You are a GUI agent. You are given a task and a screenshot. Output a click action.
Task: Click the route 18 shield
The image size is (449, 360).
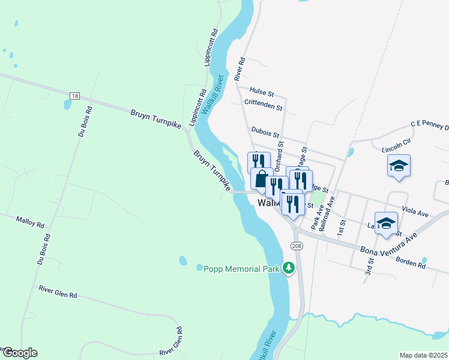point(74,96)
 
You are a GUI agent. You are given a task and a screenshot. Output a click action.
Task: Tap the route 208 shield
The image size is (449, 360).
point(297,246)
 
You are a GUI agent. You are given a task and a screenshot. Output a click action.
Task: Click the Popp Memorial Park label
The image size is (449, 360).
point(242,269)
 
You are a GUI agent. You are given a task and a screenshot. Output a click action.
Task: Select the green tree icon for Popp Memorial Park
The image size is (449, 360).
point(289,268)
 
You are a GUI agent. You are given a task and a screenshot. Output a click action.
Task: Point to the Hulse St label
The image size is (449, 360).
point(262,94)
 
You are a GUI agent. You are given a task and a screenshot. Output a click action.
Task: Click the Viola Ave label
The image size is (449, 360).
point(415,212)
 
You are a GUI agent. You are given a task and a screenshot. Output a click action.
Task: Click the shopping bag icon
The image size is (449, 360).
point(261,179)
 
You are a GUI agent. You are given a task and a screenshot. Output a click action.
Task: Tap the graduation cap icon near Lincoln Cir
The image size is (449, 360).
point(399,166)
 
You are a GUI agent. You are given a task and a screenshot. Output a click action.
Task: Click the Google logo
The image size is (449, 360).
point(20,353)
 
